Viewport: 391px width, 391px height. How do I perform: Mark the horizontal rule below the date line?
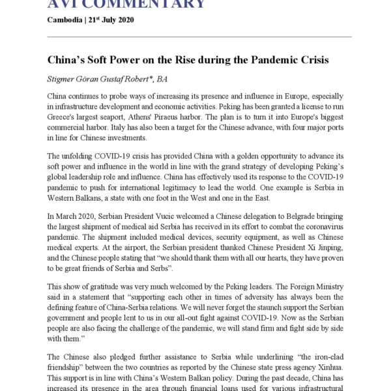tap(199, 36)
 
